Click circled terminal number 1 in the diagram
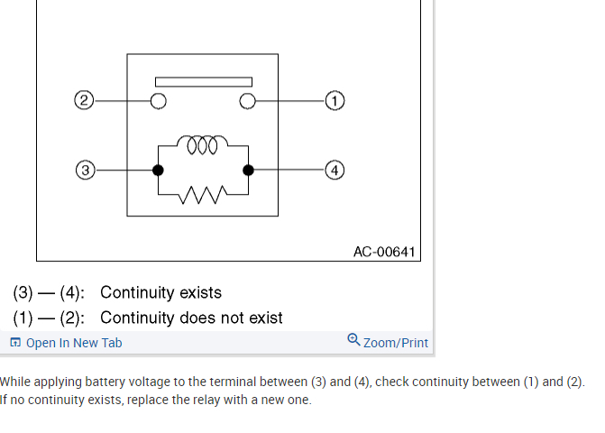pos(335,100)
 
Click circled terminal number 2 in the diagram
pos(84,100)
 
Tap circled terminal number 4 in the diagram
pos(335,170)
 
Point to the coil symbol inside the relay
pos(202,144)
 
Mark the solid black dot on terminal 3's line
pos(158,170)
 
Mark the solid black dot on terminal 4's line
pos(249,170)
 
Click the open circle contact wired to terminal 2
pos(159,100)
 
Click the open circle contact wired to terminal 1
pos(246,100)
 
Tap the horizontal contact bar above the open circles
pos(202,82)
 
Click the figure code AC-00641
pos(385,252)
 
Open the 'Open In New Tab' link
pos(73,343)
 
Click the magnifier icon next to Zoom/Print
pos(353,340)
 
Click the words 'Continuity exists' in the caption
pos(160,293)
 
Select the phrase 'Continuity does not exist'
pos(191,318)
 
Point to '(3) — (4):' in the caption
pos(49,293)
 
